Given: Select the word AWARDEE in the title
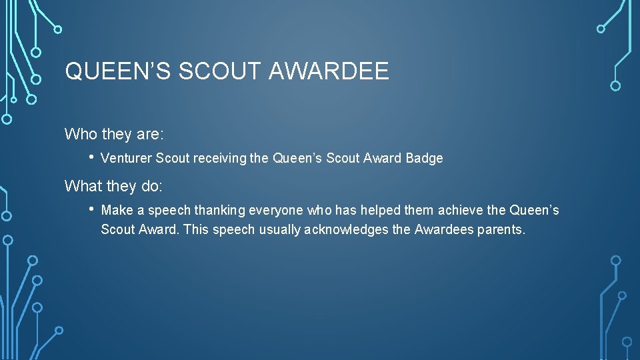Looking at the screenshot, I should click(329, 71).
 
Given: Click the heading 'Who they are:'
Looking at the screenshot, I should click(114, 134).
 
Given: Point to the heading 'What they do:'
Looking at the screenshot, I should click(113, 186).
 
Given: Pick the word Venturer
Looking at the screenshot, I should click(126, 159).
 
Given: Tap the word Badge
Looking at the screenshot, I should click(424, 159).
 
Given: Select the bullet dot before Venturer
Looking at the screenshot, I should click(91, 158).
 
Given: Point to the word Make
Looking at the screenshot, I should click(117, 211).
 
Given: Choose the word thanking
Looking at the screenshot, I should click(219, 211).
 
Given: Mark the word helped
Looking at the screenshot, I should click(381, 211).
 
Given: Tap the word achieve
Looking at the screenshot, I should click(461, 211).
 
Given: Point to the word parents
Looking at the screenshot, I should click(501, 230).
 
